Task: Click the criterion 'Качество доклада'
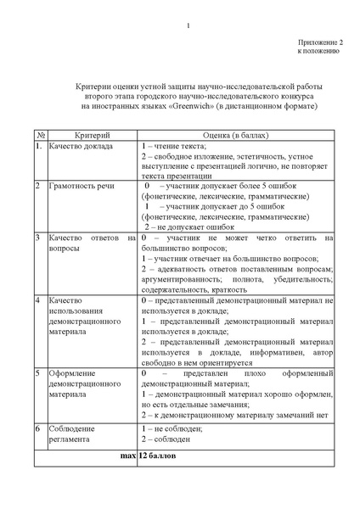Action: [x=78, y=147]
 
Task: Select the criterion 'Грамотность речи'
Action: [x=81, y=184]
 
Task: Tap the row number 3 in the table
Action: [x=38, y=238]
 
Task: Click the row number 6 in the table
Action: [x=38, y=428]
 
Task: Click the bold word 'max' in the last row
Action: [x=127, y=456]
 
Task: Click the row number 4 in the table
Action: [x=38, y=301]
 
